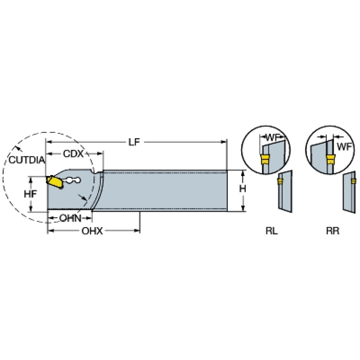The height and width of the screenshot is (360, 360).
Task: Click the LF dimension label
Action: pyautogui.click(x=134, y=142)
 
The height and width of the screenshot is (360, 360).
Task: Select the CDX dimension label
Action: pyautogui.click(x=73, y=153)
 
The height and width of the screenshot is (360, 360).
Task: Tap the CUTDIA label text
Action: pyautogui.click(x=27, y=160)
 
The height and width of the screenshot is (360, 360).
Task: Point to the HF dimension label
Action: pyautogui.click(x=31, y=194)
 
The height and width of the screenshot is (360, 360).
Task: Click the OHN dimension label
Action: pyautogui.click(x=70, y=218)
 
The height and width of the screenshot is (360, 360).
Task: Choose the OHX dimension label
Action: pyautogui.click(x=92, y=231)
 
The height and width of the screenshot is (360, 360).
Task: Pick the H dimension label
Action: pyautogui.click(x=243, y=189)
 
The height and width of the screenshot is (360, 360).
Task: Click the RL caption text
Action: pyautogui.click(x=272, y=231)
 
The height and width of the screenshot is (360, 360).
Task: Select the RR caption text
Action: pyautogui.click(x=333, y=231)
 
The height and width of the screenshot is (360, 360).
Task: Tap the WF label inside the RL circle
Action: pyautogui.click(x=273, y=138)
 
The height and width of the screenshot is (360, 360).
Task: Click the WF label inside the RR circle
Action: pyautogui.click(x=344, y=146)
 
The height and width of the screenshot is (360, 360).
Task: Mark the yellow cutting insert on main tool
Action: pyautogui.click(x=55, y=182)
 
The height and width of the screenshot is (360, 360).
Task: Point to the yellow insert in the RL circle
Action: pyautogui.click(x=265, y=160)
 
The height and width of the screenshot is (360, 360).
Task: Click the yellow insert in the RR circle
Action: pyautogui.click(x=330, y=160)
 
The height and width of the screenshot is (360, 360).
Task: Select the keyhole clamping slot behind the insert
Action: pyautogui.click(x=73, y=180)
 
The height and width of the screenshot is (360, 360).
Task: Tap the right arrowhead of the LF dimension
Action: pyautogui.click(x=223, y=142)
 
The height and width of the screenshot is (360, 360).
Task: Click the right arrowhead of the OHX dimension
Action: pyautogui.click(x=137, y=230)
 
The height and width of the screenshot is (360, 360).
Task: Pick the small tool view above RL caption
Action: pyautogui.click(x=285, y=191)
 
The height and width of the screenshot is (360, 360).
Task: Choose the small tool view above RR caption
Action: pyautogui.click(x=349, y=192)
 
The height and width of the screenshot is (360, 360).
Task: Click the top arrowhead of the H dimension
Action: pyautogui.click(x=243, y=173)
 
